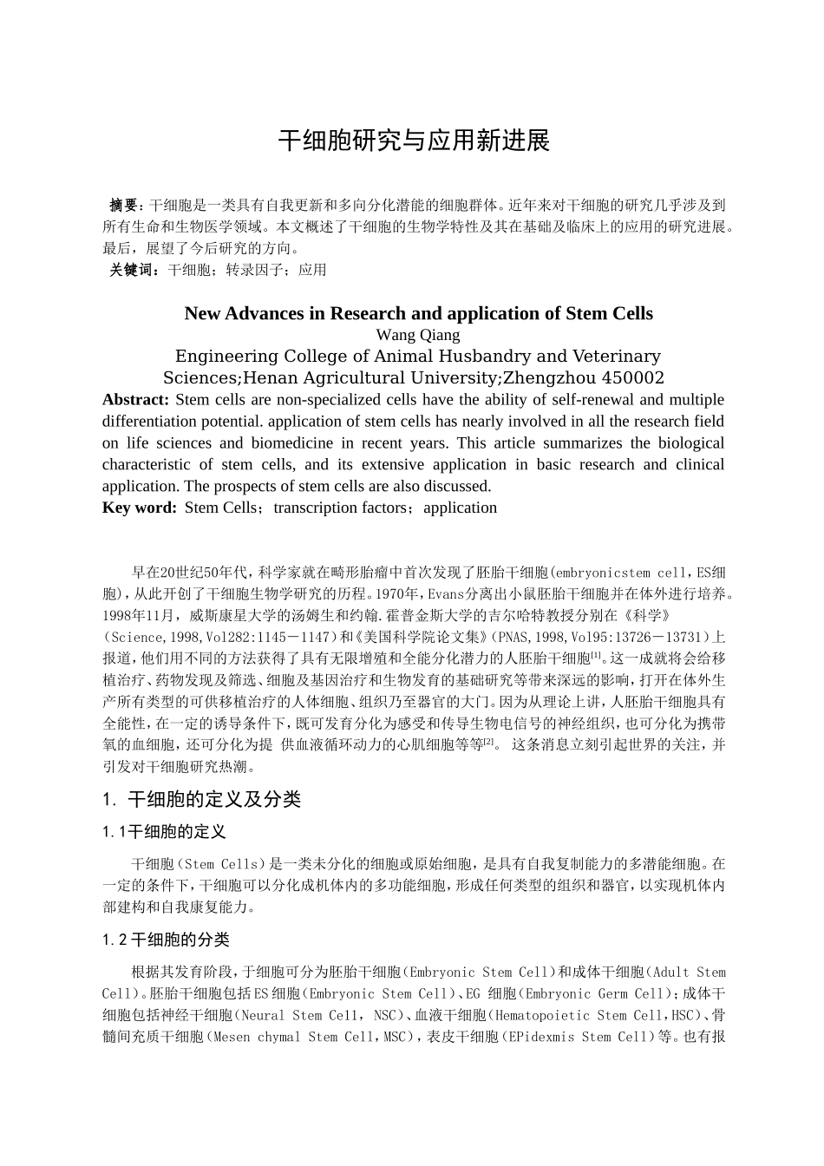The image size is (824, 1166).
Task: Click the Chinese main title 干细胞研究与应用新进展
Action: (x=413, y=141)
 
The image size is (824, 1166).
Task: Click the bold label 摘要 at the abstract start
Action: (x=125, y=206)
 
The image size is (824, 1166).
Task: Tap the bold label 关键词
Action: (x=133, y=270)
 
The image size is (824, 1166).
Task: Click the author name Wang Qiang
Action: (x=418, y=335)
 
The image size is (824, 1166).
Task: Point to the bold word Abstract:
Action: (x=135, y=400)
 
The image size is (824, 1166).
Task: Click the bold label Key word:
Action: (x=140, y=508)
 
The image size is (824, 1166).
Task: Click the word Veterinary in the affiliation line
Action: (x=612, y=357)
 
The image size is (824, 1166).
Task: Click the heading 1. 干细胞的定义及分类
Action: (x=201, y=799)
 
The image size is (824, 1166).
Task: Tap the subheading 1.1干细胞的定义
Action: (x=164, y=832)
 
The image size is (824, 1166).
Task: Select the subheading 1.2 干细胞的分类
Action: (x=166, y=940)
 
